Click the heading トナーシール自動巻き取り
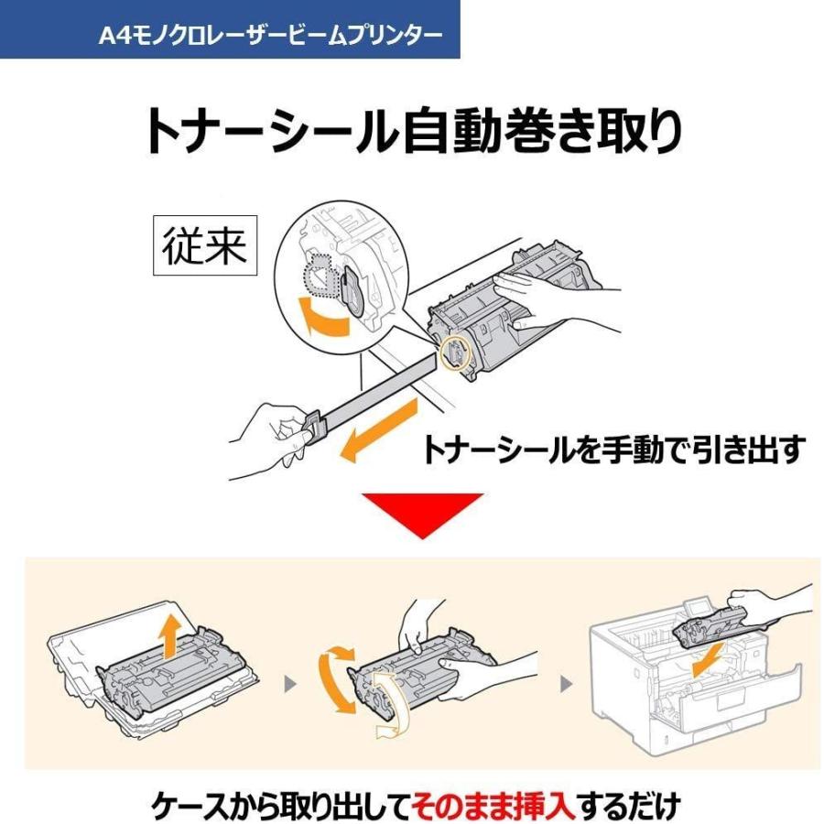pos(412,132)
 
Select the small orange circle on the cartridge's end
pos(454,352)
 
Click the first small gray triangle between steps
pos(291,684)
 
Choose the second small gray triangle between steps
pos(566,684)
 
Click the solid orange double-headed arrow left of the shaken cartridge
pos(337,682)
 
